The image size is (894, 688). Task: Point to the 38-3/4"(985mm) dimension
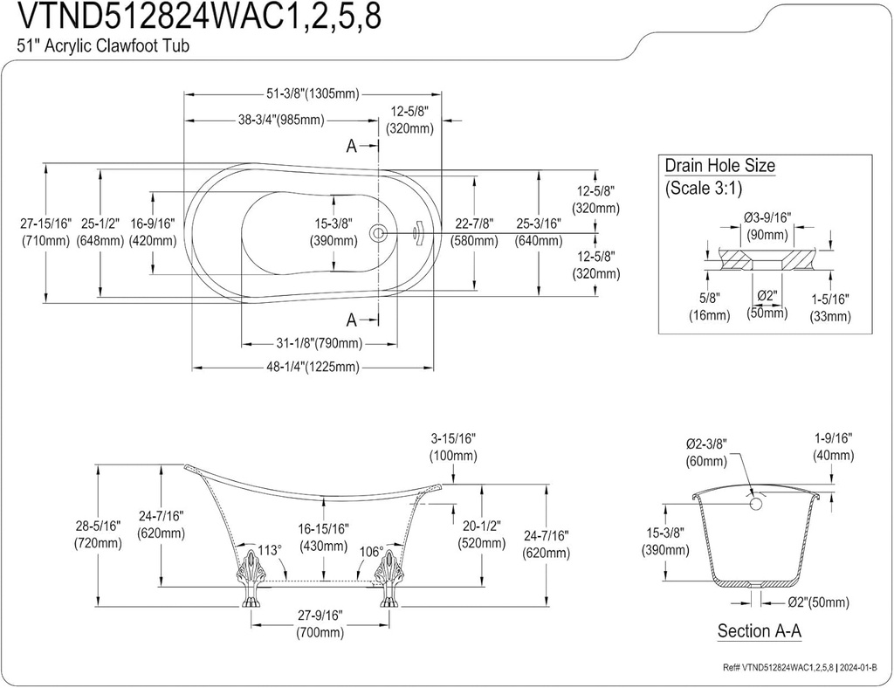tap(281, 120)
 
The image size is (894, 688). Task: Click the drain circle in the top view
tap(378, 233)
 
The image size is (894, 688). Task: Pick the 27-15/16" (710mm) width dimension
tap(45, 232)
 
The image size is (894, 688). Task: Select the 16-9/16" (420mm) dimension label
tap(152, 232)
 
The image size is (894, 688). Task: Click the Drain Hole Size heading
tap(719, 166)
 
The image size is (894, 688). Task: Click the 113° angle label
tap(269, 550)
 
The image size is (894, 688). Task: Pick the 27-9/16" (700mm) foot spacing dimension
tap(318, 623)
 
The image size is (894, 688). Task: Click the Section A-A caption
tap(759, 630)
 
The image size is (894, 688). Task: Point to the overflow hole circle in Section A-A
tap(757, 503)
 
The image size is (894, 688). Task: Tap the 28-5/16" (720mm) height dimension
tap(97, 534)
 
